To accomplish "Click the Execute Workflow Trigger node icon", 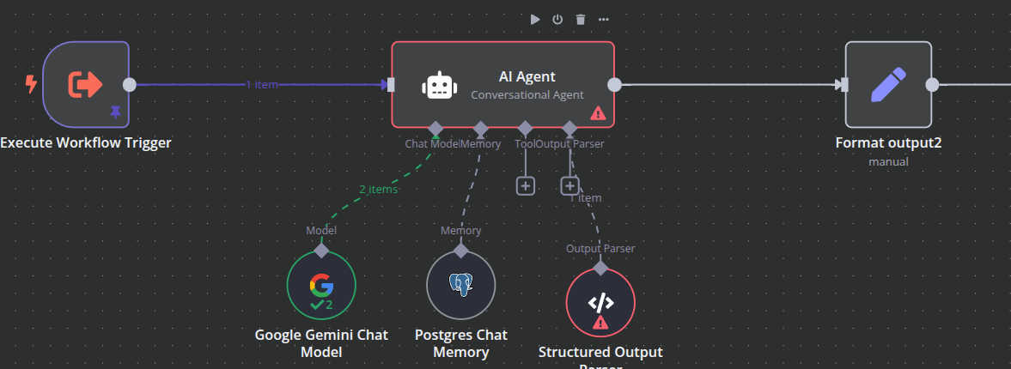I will (x=86, y=83).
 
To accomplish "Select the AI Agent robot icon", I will (x=439, y=85).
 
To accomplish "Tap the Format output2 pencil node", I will (x=888, y=84).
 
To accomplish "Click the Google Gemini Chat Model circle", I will (x=321, y=285).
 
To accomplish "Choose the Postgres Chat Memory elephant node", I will (x=460, y=285).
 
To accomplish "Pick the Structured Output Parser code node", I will (x=600, y=301).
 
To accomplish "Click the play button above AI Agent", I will (x=535, y=19).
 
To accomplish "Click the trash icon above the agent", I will (x=581, y=19).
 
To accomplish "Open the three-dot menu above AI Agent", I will (x=604, y=19).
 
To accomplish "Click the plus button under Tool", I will (x=526, y=185).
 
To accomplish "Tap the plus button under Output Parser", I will (x=569, y=185).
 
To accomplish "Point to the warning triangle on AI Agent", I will (x=598, y=112).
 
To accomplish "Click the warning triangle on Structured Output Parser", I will (x=600, y=323).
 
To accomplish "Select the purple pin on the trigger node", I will (x=115, y=112).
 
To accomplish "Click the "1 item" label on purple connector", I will (x=262, y=84).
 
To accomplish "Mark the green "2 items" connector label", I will (x=378, y=189).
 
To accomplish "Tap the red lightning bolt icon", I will (x=31, y=84).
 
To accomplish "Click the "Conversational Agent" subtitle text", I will (x=527, y=95).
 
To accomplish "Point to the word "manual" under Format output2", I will (x=888, y=161).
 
